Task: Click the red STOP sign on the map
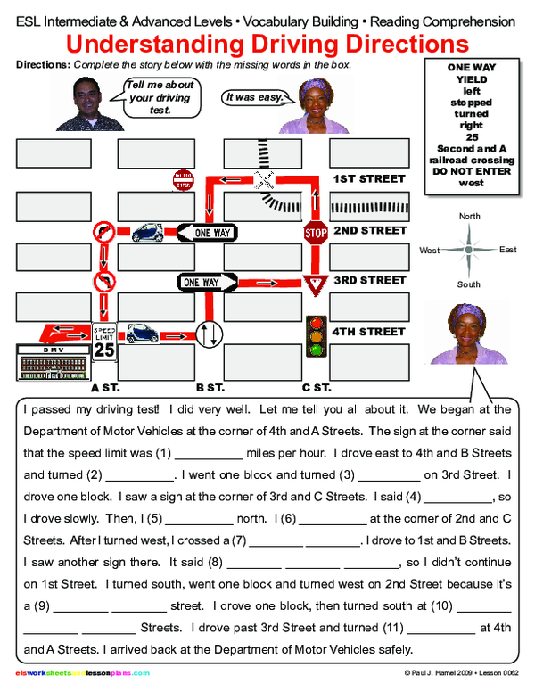(x=316, y=233)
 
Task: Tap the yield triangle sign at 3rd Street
(x=314, y=284)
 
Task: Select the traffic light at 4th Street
(x=316, y=336)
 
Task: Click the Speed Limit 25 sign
(x=104, y=344)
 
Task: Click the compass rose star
(x=469, y=251)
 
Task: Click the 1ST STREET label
(x=369, y=178)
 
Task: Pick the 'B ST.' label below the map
(x=210, y=388)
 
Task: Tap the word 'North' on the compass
(x=469, y=217)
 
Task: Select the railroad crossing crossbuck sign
(x=266, y=176)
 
